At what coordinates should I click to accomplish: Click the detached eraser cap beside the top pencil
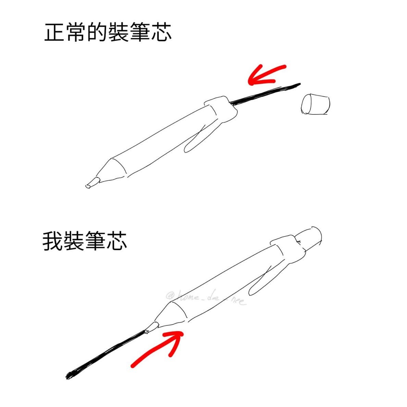click(315, 104)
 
